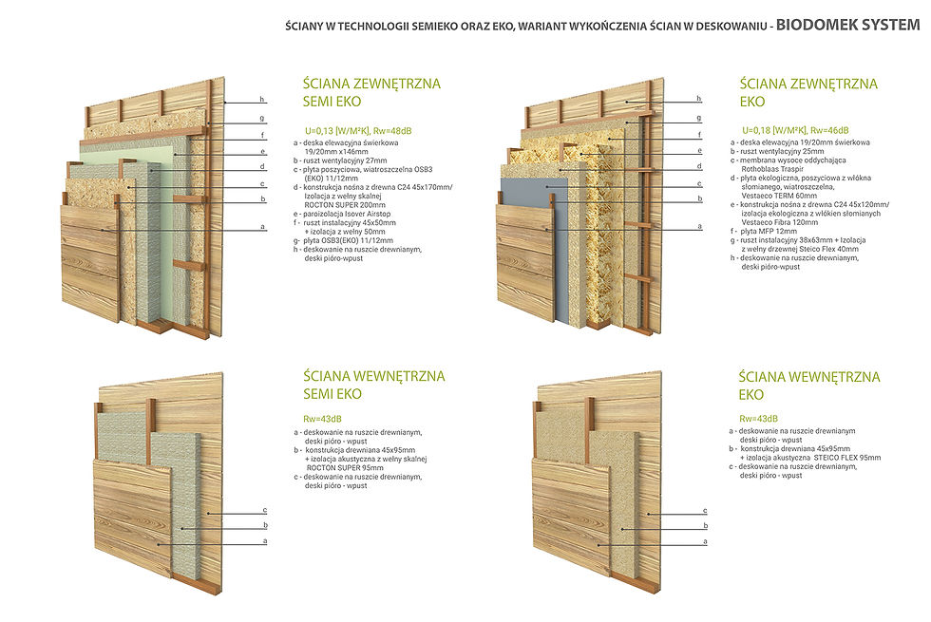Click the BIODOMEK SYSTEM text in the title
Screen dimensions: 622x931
coord(847,24)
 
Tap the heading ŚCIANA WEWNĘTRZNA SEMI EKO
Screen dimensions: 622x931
coord(367,385)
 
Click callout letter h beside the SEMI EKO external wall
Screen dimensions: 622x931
coord(261,101)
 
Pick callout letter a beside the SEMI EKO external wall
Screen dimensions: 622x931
coord(261,227)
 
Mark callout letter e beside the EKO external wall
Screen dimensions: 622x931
coord(698,151)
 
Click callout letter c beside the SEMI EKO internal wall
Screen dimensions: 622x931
coord(264,510)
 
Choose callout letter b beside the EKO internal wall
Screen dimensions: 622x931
coord(704,525)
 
